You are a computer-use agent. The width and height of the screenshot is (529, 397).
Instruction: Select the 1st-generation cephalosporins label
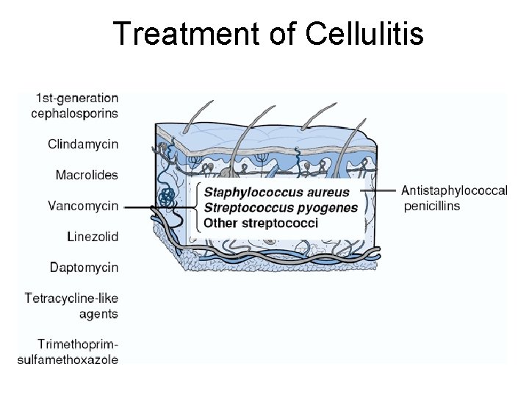click(75, 105)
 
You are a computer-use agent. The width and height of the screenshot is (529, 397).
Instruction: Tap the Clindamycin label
click(83, 144)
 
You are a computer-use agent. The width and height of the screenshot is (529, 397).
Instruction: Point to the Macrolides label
click(87, 175)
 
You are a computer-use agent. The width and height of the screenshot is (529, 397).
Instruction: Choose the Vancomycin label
click(83, 206)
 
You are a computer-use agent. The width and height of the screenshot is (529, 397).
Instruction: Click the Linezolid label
click(93, 237)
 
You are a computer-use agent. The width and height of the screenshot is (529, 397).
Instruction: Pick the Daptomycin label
click(84, 268)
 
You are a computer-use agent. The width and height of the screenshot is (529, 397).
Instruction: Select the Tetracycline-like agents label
click(71, 306)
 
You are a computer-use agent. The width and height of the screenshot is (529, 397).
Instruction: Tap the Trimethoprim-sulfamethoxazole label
click(68, 351)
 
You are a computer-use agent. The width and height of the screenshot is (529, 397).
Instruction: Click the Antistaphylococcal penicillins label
click(454, 198)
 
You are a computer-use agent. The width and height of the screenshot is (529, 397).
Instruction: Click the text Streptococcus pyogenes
click(281, 207)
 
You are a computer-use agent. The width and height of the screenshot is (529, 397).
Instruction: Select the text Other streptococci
click(261, 222)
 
